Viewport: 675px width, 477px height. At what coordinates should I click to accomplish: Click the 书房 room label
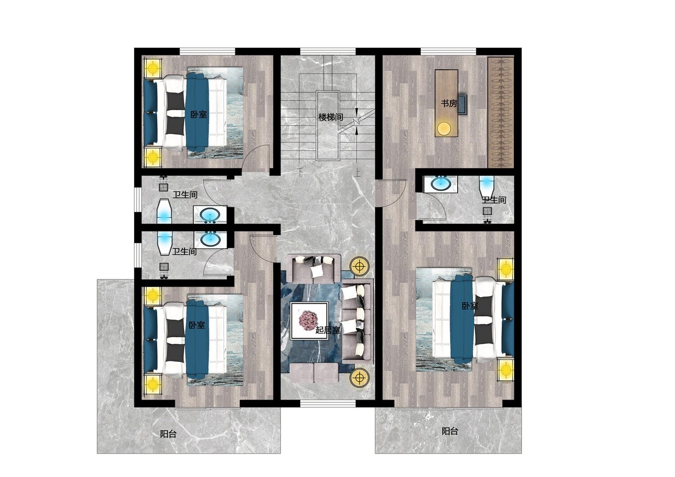[449, 103]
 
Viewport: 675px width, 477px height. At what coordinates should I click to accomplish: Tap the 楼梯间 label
[331, 117]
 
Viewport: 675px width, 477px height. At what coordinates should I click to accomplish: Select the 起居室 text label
[328, 330]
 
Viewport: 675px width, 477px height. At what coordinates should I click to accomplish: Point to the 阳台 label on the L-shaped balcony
[168, 434]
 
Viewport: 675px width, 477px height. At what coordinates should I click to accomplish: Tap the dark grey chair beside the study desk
[463, 104]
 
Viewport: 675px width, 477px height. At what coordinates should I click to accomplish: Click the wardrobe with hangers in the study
[501, 112]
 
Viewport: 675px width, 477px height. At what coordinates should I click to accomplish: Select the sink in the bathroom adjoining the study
[441, 184]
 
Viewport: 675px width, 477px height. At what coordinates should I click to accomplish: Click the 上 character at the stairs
[358, 172]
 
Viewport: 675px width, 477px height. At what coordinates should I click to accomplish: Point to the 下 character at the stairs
[301, 172]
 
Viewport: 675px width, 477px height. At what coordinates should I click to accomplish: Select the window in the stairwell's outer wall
[328, 51]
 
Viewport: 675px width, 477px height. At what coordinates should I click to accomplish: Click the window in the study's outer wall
[448, 51]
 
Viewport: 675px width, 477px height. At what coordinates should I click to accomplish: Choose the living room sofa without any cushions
[314, 373]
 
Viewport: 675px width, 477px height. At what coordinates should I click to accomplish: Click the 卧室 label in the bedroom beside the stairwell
[198, 114]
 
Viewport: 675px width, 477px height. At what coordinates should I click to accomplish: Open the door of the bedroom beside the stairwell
[256, 158]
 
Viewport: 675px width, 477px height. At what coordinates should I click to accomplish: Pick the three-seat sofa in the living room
[357, 321]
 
